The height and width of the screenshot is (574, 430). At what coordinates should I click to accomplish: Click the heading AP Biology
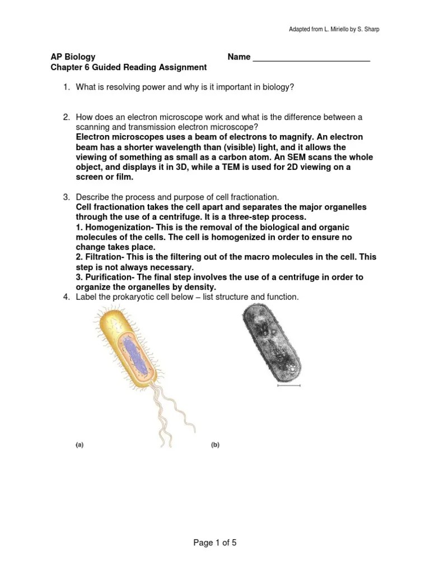tap(73, 57)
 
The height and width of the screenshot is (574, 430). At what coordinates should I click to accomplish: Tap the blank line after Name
tap(312, 58)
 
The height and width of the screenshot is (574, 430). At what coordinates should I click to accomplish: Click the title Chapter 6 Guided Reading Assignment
tap(129, 67)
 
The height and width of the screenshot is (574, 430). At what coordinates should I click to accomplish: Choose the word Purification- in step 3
tap(105, 277)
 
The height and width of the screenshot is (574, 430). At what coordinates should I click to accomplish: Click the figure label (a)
tap(80, 446)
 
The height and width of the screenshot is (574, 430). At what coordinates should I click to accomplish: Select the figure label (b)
tap(215, 446)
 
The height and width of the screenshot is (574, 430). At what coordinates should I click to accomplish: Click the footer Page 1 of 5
tap(215, 543)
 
